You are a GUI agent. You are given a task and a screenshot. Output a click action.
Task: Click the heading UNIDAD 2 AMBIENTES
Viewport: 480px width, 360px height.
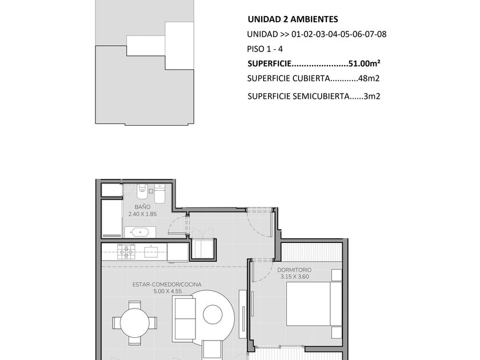pos(293,19)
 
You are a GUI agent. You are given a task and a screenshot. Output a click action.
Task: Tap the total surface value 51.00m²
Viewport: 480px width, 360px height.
pos(365,63)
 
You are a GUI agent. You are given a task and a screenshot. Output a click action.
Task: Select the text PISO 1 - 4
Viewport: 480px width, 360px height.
pos(265,49)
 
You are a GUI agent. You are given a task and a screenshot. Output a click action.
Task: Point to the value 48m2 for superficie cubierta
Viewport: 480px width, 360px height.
pos(369,78)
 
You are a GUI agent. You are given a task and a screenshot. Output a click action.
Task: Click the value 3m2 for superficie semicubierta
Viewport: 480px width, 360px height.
pos(371,97)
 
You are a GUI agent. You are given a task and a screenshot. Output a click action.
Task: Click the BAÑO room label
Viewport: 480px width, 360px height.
pos(142,207)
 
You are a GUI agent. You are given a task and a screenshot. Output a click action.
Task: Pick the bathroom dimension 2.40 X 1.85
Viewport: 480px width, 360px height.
pos(142,214)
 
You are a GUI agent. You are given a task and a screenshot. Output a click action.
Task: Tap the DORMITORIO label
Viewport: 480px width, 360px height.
pos(294,270)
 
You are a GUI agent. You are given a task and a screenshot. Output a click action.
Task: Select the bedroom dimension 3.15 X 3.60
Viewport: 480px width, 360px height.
pos(294,277)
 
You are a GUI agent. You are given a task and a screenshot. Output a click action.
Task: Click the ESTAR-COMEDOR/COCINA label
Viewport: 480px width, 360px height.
pos(167,285)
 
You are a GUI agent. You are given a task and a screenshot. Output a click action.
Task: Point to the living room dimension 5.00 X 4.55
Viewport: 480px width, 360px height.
pos(168,291)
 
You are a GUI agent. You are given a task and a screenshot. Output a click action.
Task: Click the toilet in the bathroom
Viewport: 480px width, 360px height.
pos(159,194)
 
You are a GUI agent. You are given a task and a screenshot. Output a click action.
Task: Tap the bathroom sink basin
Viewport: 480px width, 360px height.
pos(140,233)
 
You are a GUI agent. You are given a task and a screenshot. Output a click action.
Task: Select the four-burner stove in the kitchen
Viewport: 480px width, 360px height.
pos(126,251)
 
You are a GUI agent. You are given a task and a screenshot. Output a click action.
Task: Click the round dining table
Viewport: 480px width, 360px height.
pos(135,323)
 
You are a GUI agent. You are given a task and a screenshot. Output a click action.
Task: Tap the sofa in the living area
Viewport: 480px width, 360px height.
pos(183,319)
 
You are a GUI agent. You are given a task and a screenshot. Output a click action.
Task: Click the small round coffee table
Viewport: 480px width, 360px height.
pos(213,314)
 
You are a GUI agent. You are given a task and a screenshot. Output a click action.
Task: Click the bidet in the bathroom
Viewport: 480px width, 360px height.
pos(142,191)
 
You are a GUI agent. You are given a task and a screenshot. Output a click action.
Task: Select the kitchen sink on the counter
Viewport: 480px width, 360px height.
pos(151,251)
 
